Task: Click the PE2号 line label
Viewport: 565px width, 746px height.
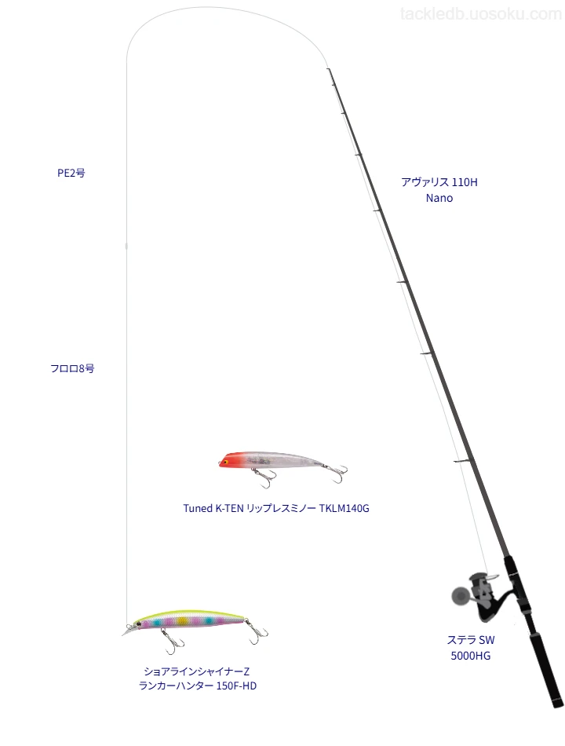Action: pyautogui.click(x=71, y=174)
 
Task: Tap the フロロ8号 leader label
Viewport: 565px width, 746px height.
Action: pyautogui.click(x=72, y=368)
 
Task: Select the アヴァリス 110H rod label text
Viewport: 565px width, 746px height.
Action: pyautogui.click(x=439, y=182)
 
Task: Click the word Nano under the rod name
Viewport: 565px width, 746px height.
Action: pyautogui.click(x=439, y=198)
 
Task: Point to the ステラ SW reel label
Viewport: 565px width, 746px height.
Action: pyautogui.click(x=470, y=640)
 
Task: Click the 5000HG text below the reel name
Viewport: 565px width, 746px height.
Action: pyautogui.click(x=470, y=656)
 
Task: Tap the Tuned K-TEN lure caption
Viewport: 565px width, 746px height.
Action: pyautogui.click(x=276, y=508)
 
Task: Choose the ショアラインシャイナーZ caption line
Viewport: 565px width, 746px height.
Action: pyautogui.click(x=196, y=671)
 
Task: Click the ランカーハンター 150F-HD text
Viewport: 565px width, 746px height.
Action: pyautogui.click(x=198, y=686)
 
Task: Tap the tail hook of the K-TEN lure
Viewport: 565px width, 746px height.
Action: pyautogui.click(x=338, y=474)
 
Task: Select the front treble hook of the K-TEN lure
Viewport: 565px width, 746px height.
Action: pyautogui.click(x=264, y=477)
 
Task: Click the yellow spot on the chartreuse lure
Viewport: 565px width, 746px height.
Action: pyautogui.click(x=183, y=621)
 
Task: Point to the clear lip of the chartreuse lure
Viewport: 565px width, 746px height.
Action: pyautogui.click(x=127, y=631)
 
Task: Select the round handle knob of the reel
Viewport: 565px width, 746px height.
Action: pyautogui.click(x=459, y=596)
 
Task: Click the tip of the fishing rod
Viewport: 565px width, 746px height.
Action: pyautogui.click(x=328, y=69)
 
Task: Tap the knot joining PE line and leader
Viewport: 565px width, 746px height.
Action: pyautogui.click(x=126, y=246)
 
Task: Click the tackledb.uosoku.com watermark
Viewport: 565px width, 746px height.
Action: pyautogui.click(x=480, y=14)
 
